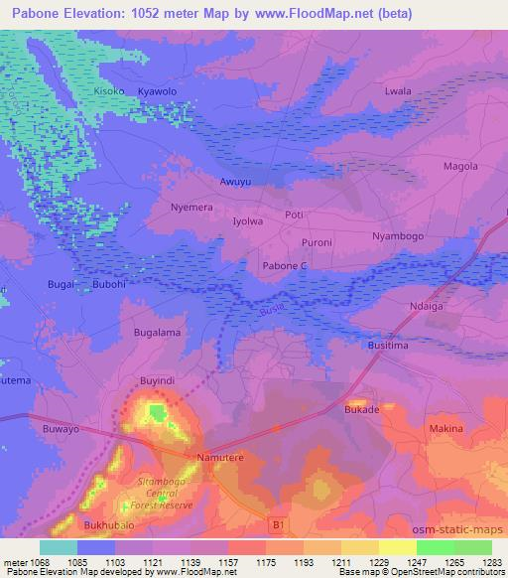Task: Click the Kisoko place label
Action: tap(109, 90)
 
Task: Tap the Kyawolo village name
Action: tap(156, 90)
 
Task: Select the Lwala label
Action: tap(397, 90)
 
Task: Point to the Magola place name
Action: tap(459, 166)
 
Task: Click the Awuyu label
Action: tap(234, 182)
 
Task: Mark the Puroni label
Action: tap(316, 241)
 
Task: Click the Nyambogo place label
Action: tap(397, 236)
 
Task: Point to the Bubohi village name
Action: tap(109, 284)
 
